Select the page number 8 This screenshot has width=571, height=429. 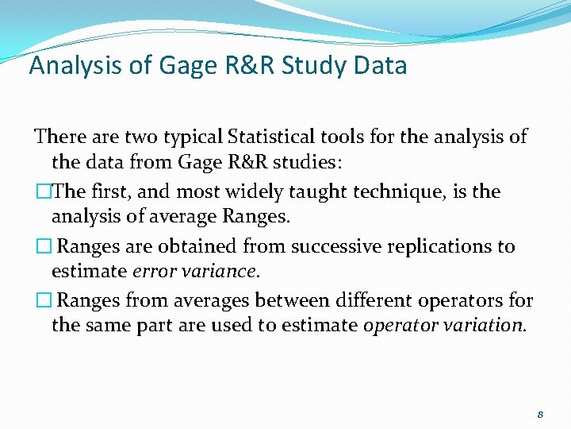coord(540,414)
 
